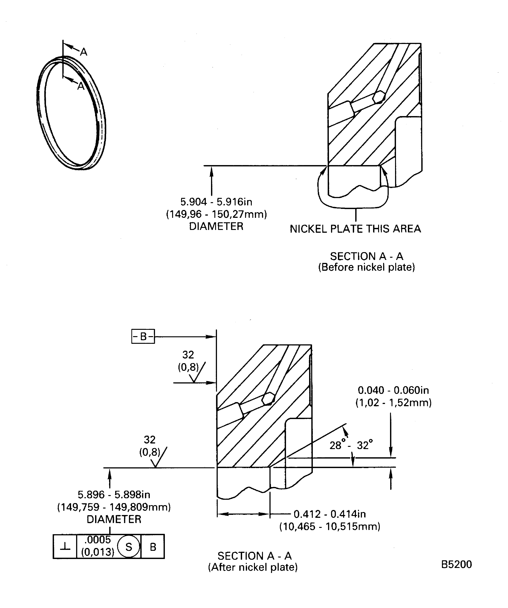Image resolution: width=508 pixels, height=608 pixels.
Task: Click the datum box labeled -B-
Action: (143, 337)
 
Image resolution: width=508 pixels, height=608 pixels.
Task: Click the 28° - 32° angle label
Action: (351, 445)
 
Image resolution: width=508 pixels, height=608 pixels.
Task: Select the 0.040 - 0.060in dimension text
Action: (393, 390)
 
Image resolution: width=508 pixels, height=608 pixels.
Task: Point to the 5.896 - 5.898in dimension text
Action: (114, 495)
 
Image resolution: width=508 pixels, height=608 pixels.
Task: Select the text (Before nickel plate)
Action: (366, 267)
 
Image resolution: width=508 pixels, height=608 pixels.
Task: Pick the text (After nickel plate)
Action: (253, 567)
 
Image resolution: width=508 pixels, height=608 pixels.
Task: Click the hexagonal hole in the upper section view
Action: (379, 97)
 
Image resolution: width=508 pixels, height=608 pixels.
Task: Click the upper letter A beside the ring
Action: (84, 52)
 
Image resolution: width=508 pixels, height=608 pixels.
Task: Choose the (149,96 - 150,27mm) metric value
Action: (216, 214)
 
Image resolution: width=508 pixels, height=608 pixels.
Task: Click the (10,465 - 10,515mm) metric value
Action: (330, 526)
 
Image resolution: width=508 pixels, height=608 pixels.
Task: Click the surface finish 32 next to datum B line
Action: (188, 355)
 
